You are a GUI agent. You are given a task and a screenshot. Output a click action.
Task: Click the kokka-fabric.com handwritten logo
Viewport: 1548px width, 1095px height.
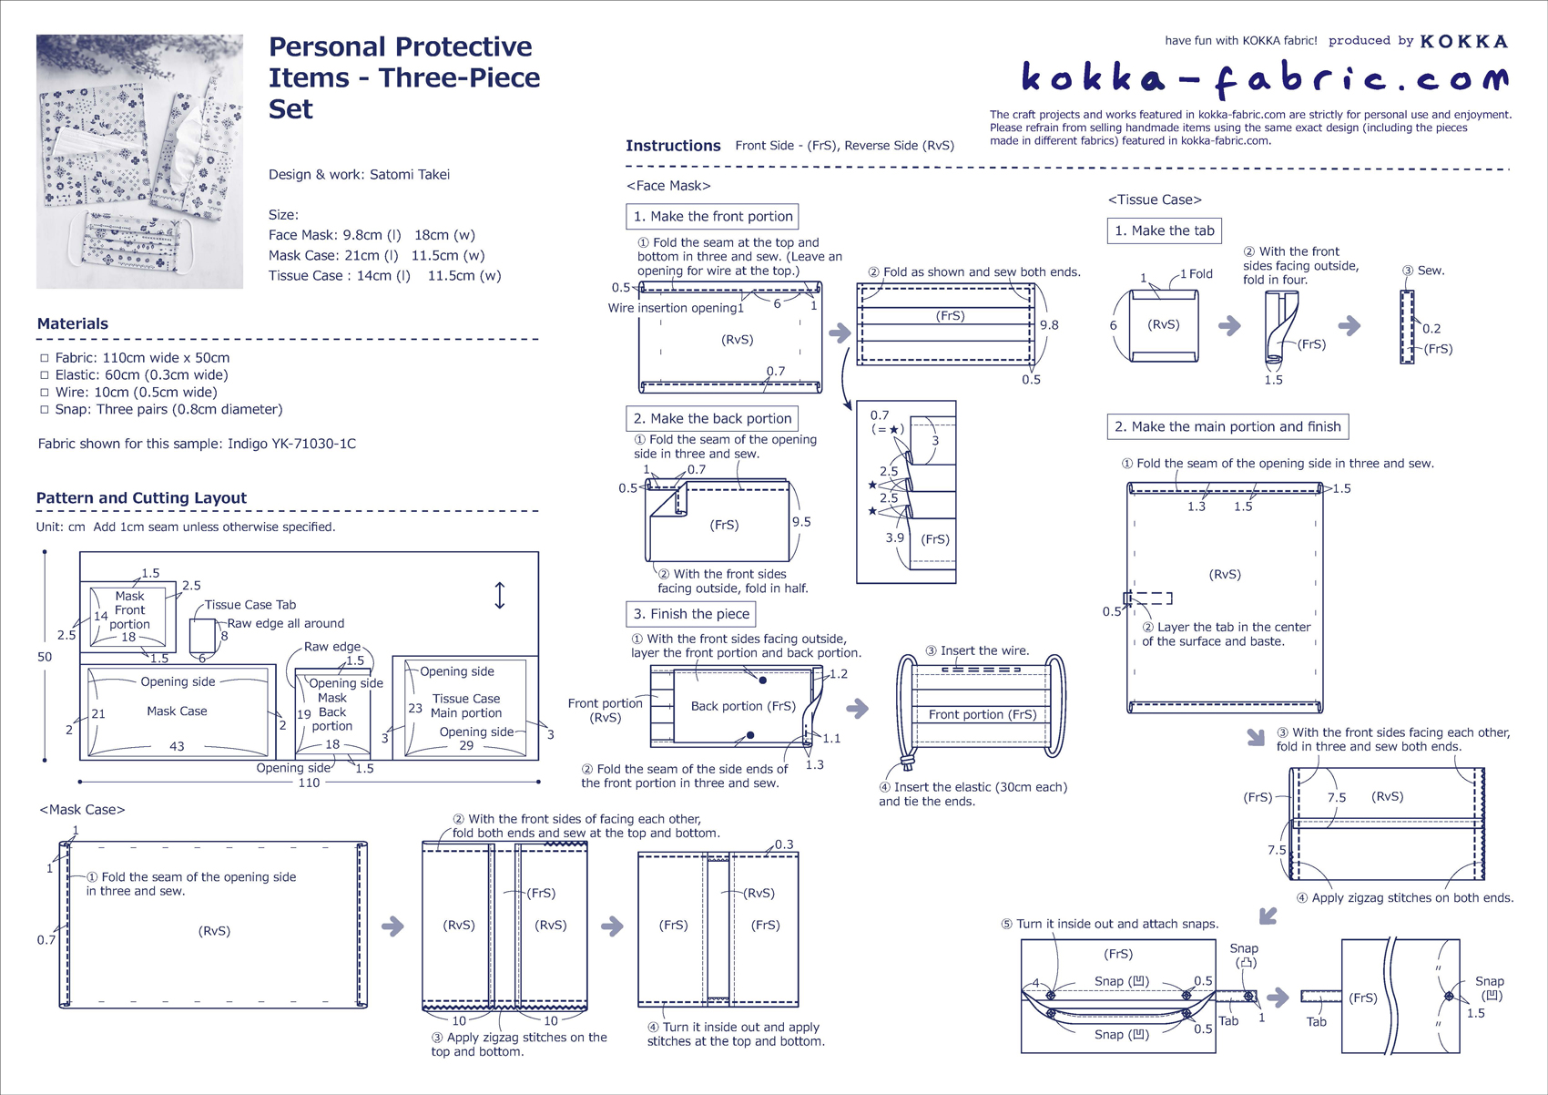(1265, 78)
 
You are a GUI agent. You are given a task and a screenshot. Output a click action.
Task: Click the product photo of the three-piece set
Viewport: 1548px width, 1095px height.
(139, 161)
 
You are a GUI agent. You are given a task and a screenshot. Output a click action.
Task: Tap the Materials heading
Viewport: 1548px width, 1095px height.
(73, 323)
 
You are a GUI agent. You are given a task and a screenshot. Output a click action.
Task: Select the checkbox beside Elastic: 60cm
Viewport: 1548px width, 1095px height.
(45, 375)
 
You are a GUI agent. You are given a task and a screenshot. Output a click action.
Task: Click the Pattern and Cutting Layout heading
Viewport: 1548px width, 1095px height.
(141, 497)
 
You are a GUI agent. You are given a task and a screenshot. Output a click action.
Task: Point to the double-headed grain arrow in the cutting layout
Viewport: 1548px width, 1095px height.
(500, 595)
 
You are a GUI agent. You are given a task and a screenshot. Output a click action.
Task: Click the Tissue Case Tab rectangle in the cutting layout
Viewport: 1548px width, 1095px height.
(202, 635)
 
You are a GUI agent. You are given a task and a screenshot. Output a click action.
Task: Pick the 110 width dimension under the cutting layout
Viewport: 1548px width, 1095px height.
(309, 783)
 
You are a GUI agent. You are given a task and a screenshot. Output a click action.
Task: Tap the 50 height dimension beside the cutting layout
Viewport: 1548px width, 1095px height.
(45, 657)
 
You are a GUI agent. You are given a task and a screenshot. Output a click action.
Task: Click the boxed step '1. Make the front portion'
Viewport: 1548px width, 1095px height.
(712, 217)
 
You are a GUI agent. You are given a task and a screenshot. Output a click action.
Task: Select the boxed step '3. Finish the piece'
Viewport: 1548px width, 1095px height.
(691, 614)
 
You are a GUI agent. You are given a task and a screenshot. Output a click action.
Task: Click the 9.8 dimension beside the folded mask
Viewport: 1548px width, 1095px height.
(1049, 325)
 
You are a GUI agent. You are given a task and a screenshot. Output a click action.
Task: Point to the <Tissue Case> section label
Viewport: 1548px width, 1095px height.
(1155, 200)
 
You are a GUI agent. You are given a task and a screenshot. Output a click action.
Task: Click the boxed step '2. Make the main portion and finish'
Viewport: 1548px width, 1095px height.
(1228, 426)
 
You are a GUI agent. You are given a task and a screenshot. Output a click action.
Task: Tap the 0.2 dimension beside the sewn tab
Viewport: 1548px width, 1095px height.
(1431, 329)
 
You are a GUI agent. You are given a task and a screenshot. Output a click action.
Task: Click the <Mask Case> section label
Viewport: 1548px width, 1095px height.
(82, 810)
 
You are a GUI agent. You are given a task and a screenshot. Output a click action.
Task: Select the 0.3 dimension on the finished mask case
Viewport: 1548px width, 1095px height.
(784, 844)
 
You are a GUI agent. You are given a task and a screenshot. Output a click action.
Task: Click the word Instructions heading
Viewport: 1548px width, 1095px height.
(673, 146)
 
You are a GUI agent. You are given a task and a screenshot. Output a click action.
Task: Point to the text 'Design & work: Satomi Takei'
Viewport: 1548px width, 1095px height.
(360, 174)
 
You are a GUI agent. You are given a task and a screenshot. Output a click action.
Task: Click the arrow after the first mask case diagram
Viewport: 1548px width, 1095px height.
(392, 926)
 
